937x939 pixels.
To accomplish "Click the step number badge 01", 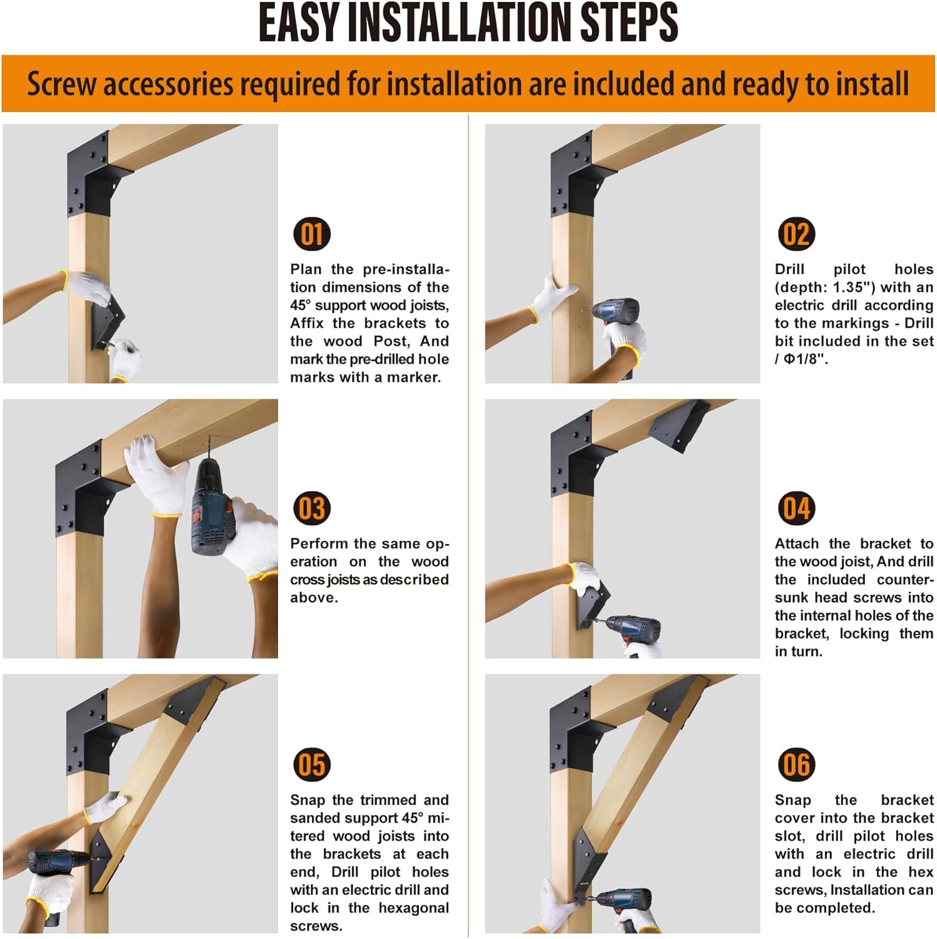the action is point(312,234).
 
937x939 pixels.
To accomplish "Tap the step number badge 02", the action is point(796,234).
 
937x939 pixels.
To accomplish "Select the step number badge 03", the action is point(312,508).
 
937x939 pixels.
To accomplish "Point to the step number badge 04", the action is point(796,508).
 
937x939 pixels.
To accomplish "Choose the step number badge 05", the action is point(312,764).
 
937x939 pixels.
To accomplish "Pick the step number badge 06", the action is point(796,764).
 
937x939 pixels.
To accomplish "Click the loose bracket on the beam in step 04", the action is point(680,426).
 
